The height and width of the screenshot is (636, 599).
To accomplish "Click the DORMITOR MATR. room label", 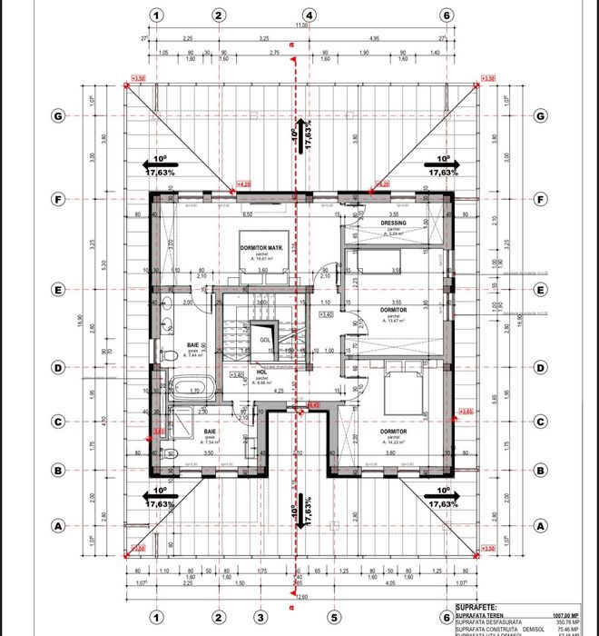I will (263, 248).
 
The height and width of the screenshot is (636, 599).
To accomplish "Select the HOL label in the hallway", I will (261, 372).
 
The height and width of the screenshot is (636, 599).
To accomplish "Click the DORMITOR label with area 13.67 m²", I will (393, 310).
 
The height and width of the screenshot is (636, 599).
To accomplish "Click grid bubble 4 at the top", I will (309, 15).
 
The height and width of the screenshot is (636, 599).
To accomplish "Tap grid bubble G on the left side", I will (59, 115).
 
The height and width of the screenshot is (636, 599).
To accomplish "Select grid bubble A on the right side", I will (540, 525).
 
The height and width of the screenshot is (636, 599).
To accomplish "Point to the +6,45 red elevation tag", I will (314, 405).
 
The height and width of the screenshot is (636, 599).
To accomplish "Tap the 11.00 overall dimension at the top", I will (301, 28).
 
